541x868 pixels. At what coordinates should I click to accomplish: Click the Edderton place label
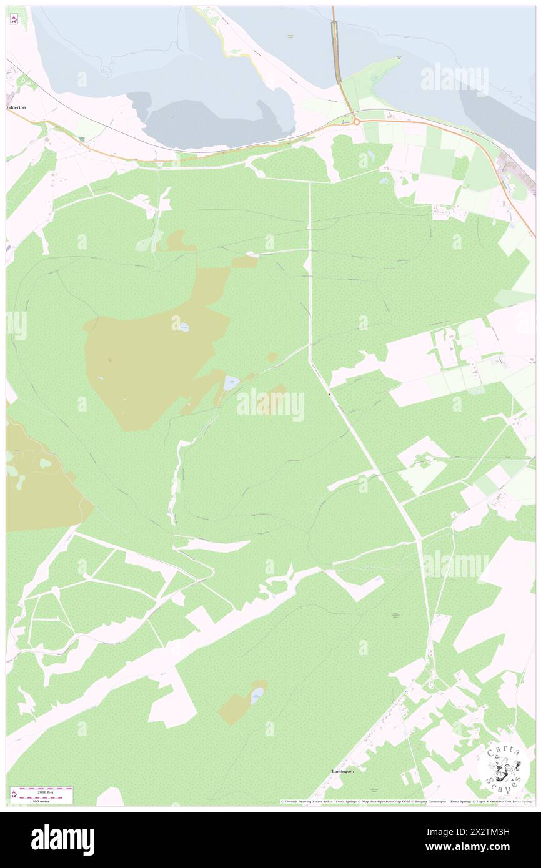coord(16,107)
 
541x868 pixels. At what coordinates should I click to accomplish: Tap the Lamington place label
coord(343,771)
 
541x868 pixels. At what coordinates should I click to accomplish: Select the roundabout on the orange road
coord(356,121)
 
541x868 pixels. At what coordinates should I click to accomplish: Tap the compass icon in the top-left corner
coord(14,19)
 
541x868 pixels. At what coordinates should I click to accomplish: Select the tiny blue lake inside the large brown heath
coord(184,327)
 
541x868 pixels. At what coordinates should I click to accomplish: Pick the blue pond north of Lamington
coord(257,695)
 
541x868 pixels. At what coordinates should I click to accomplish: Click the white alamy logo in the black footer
coord(62,839)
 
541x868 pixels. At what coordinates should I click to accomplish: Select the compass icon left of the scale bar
coord(14,794)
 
